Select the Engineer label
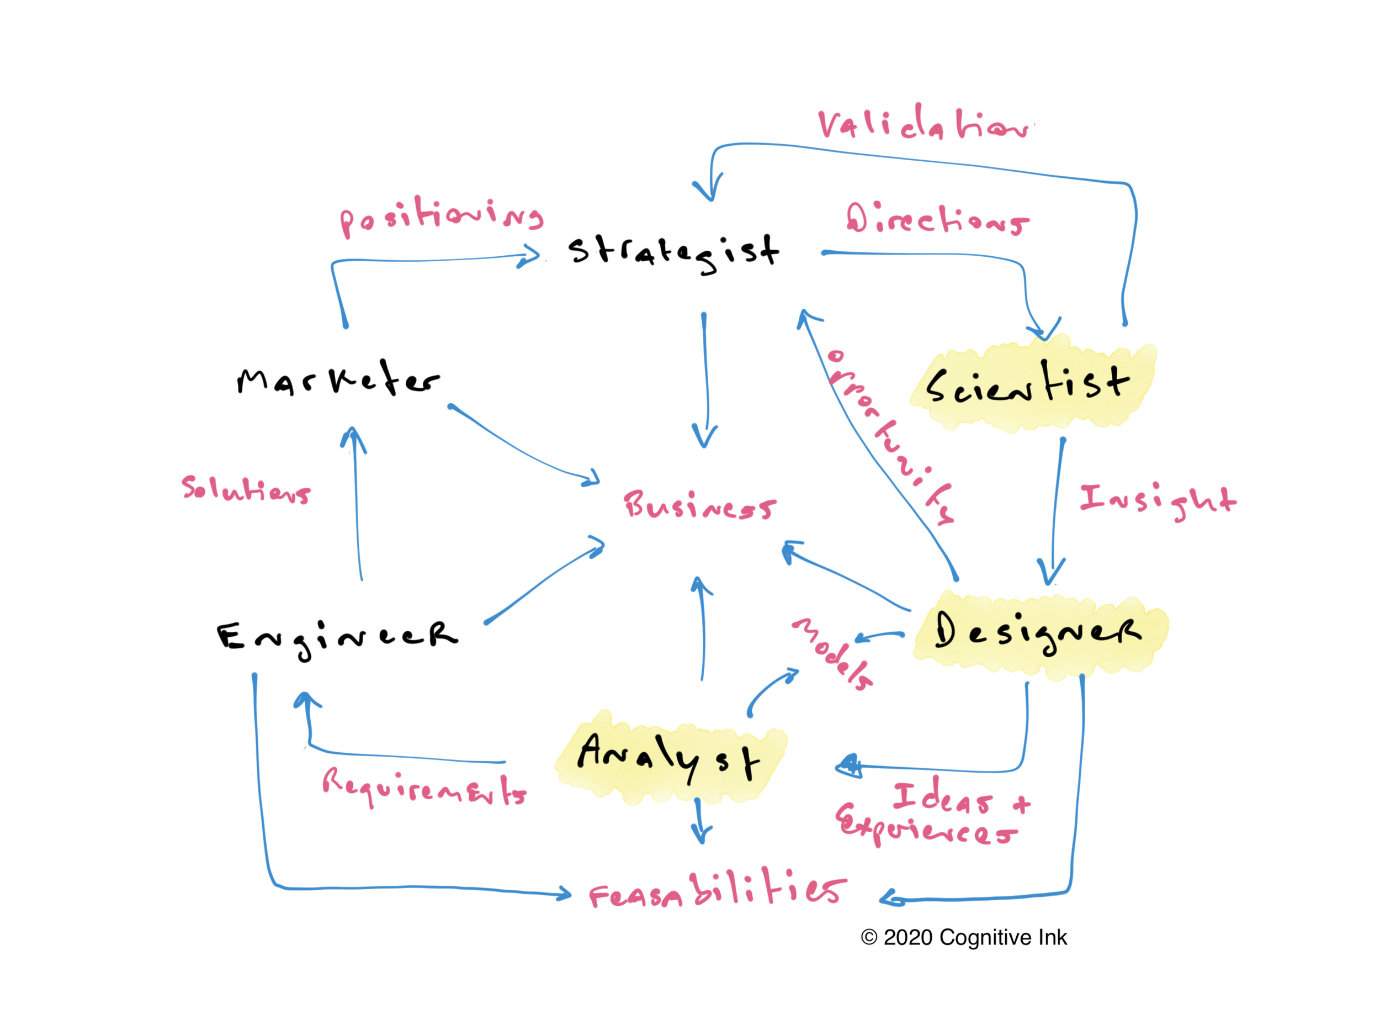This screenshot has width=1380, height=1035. [337, 637]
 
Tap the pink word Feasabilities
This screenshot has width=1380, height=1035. [718, 890]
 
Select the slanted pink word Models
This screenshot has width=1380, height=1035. [832, 653]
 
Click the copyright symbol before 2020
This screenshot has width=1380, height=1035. [869, 937]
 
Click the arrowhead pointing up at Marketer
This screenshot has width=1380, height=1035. [353, 436]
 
